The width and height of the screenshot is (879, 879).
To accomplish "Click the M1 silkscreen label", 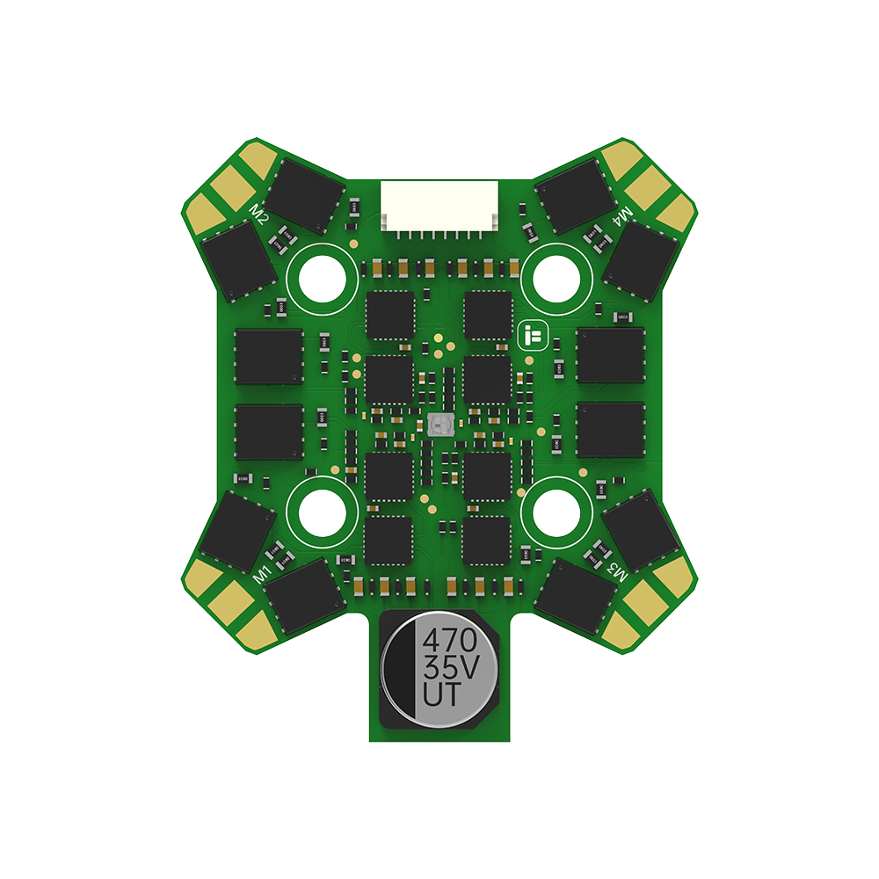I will click(x=261, y=574).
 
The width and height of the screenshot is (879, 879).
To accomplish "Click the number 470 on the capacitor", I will click(x=450, y=638).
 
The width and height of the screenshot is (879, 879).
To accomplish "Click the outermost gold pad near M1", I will click(x=255, y=627).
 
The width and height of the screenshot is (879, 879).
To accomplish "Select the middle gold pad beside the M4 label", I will click(x=650, y=185).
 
